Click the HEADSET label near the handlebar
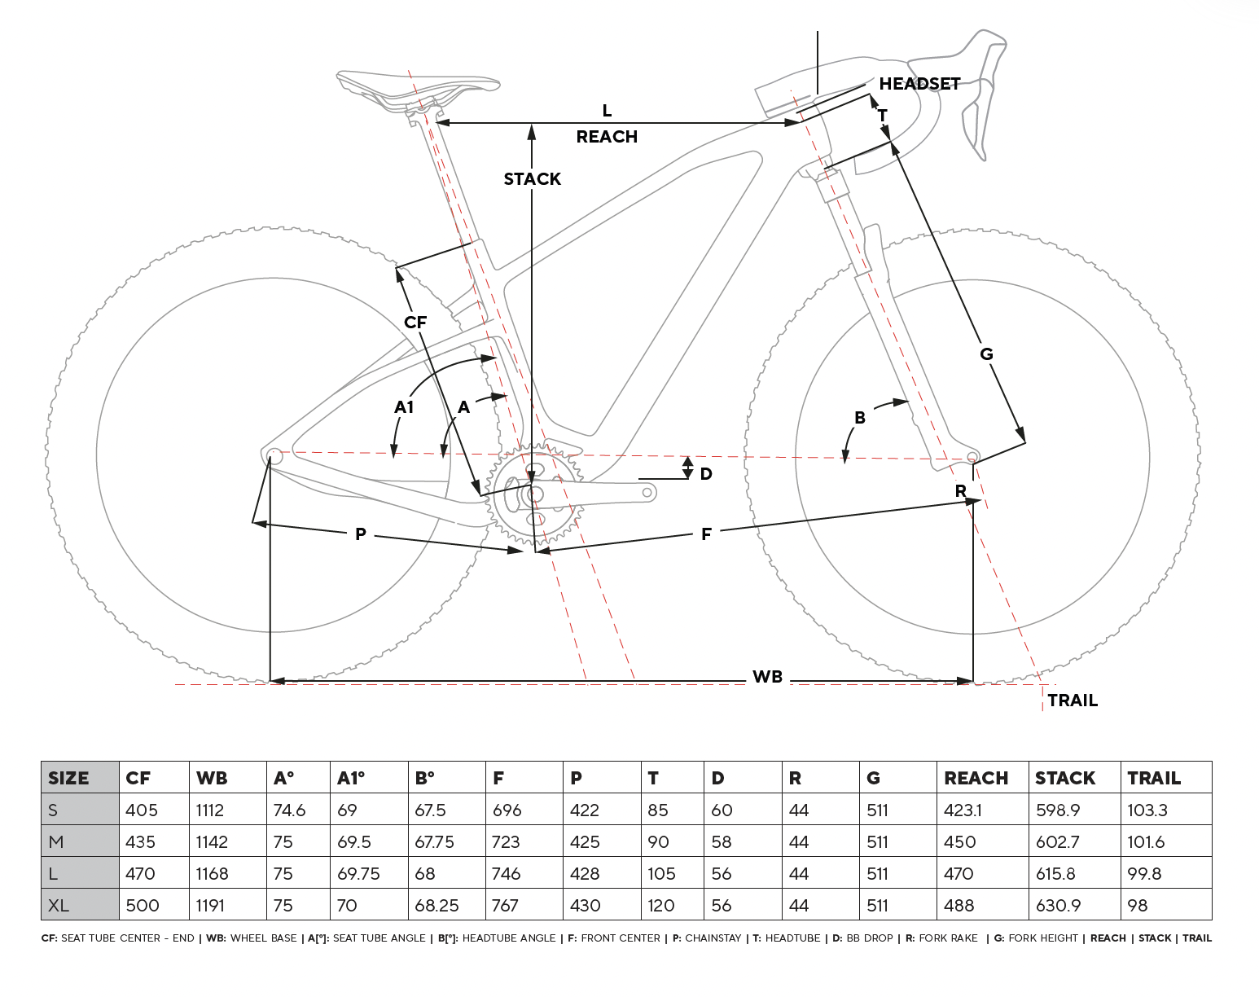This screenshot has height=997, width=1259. (x=919, y=84)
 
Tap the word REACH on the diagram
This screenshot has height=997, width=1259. (x=607, y=137)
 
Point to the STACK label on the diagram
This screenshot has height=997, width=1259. (x=532, y=179)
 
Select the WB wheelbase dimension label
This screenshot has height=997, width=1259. (x=767, y=677)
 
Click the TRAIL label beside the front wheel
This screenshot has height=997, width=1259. (x=1072, y=701)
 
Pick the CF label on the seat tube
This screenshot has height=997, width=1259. (x=415, y=323)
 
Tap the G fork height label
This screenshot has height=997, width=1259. (x=986, y=354)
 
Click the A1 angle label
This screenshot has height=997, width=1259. (x=404, y=407)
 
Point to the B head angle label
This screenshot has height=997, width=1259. (x=859, y=418)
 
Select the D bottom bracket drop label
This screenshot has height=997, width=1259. (x=706, y=474)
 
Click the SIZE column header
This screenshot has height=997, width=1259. (x=68, y=778)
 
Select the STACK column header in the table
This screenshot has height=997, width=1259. (x=1064, y=778)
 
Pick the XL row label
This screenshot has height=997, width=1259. (x=59, y=905)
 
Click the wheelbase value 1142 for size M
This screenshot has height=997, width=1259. (x=212, y=841)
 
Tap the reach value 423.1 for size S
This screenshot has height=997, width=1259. (x=963, y=810)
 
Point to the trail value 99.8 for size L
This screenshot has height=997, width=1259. (x=1144, y=873)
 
